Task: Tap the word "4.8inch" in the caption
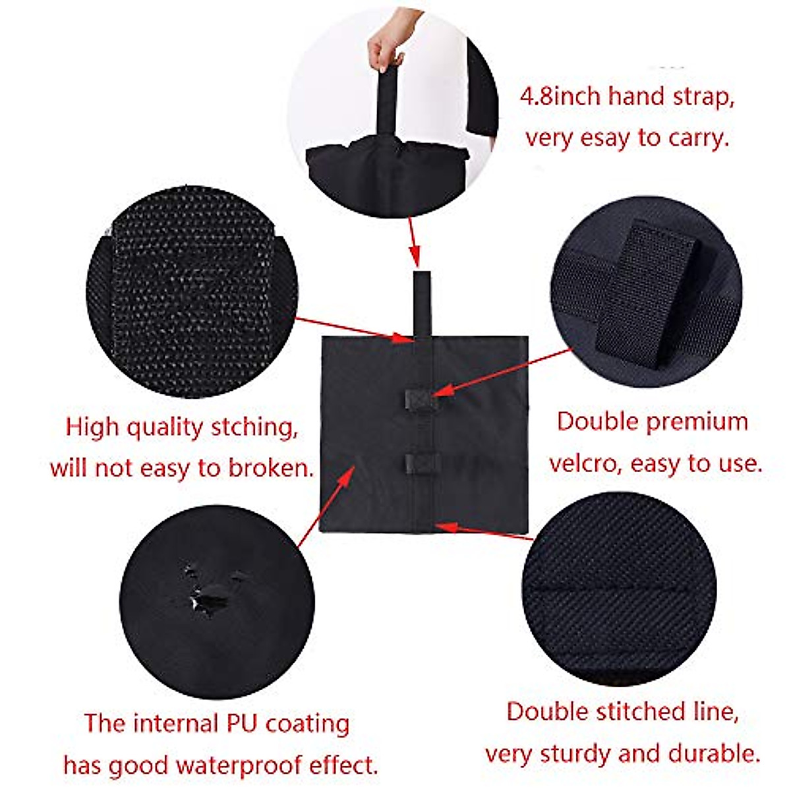click(x=560, y=98)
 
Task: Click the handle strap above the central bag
click(x=422, y=303)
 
